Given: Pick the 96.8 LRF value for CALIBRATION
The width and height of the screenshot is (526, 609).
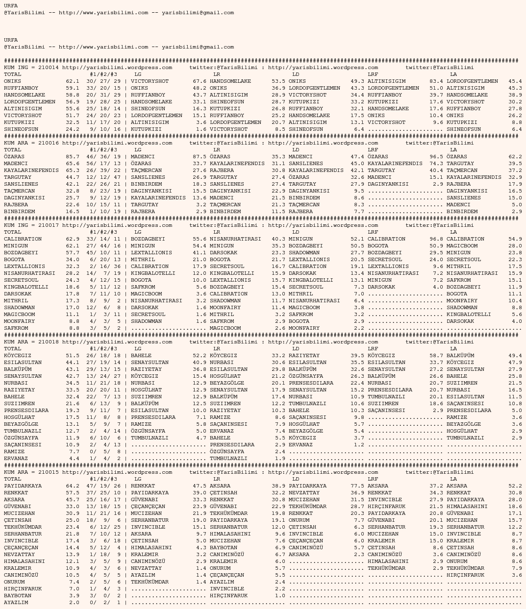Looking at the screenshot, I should tap(436, 239).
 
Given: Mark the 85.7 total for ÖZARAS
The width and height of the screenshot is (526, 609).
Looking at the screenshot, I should tap(73, 157).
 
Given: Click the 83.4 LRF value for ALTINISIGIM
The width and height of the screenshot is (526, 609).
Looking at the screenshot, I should tap(436, 81).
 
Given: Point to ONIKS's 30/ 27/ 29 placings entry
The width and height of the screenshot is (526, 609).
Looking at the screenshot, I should tap(103, 81).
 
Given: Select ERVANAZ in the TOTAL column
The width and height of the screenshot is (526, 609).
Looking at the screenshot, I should tap(16, 459).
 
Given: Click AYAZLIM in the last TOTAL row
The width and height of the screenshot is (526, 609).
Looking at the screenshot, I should tap(16, 603).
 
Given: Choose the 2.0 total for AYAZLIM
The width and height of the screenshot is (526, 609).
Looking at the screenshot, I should tap(74, 603).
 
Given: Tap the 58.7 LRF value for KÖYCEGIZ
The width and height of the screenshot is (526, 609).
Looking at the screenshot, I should tap(436, 356).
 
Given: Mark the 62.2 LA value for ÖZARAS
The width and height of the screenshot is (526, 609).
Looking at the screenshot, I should tap(515, 157).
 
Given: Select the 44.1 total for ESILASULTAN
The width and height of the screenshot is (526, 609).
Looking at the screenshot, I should tap(73, 363).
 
